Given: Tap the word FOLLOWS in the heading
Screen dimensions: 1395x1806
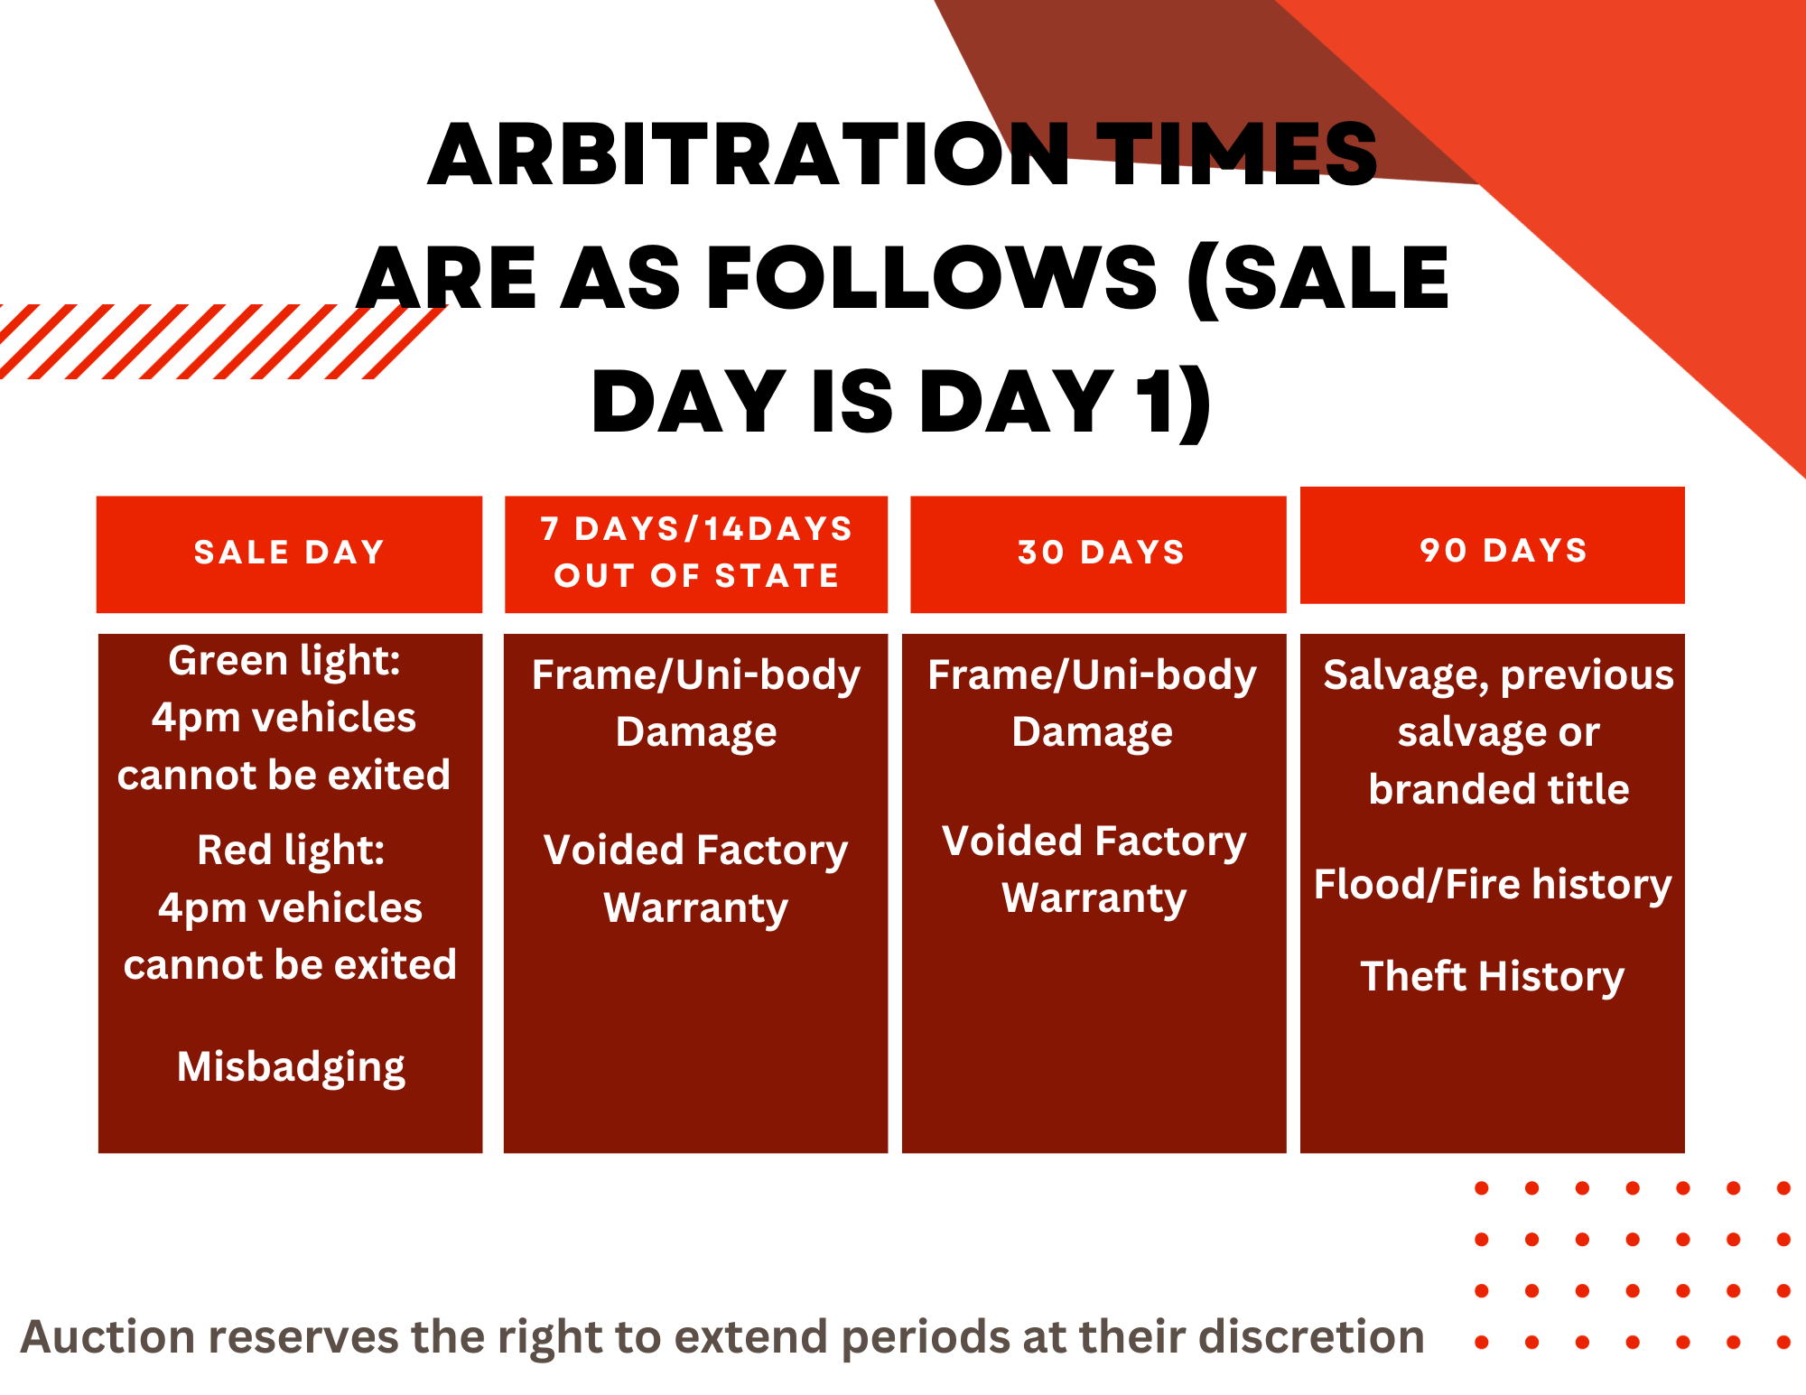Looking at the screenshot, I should [x=930, y=278].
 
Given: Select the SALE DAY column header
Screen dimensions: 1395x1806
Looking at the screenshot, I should [x=289, y=553].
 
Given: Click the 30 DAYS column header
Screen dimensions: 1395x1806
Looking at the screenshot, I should [x=1100, y=553].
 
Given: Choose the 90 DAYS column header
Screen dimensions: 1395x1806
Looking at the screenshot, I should [x=1503, y=551].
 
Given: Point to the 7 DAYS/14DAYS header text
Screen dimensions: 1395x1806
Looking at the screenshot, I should [x=696, y=529].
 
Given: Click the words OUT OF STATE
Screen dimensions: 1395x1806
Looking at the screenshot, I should [x=696, y=576].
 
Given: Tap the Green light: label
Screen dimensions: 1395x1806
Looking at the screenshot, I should [x=284, y=661].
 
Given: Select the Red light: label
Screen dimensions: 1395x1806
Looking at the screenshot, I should [x=291, y=851].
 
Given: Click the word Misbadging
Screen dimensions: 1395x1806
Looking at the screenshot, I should [x=291, y=1067].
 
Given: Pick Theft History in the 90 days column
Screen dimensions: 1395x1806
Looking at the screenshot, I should [x=1492, y=977].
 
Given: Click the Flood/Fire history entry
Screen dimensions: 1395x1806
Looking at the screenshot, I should [x=1492, y=885].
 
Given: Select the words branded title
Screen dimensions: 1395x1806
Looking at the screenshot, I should [x=1499, y=790].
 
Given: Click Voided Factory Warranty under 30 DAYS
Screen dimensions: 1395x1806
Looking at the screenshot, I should [x=1094, y=870].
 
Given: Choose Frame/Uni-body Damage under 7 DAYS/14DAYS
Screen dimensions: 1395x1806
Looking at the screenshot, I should [x=696, y=703].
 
